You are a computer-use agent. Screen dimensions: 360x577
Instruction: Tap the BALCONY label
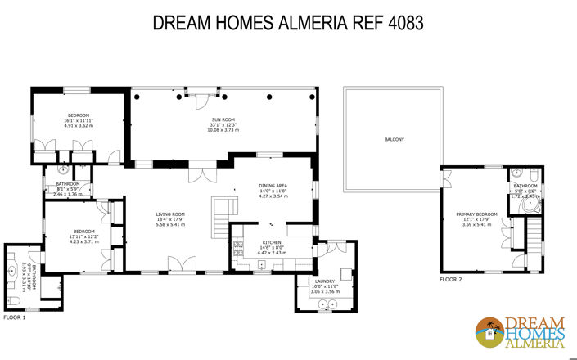click(x=394, y=139)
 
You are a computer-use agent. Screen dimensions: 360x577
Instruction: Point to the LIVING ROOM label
click(x=171, y=214)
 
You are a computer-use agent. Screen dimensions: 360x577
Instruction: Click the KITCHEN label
click(x=272, y=243)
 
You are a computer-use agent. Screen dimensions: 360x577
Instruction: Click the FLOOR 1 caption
click(x=15, y=317)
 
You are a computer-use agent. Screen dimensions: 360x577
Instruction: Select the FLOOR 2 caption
click(x=450, y=280)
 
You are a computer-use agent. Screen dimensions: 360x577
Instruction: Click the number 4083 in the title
click(x=400, y=23)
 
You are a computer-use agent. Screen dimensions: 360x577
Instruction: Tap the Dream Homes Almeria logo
click(x=521, y=331)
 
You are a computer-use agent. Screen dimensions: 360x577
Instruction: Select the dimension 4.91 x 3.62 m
click(x=79, y=124)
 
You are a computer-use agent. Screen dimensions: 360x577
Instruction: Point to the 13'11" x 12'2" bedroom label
click(x=83, y=236)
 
